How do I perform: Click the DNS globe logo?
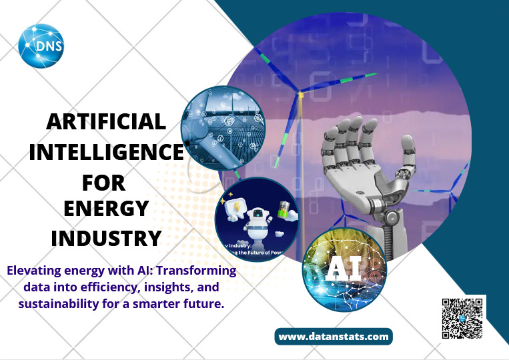[x=42, y=47]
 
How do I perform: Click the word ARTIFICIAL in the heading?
[x=106, y=121]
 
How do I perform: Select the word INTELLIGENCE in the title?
[x=105, y=152]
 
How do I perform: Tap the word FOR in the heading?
[x=103, y=182]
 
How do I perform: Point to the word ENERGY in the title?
[x=105, y=209]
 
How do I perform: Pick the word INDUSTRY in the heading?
[x=107, y=238]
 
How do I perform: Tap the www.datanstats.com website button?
[x=334, y=337]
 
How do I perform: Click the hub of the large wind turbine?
[x=301, y=95]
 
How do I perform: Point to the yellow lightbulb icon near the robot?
[x=237, y=206]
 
